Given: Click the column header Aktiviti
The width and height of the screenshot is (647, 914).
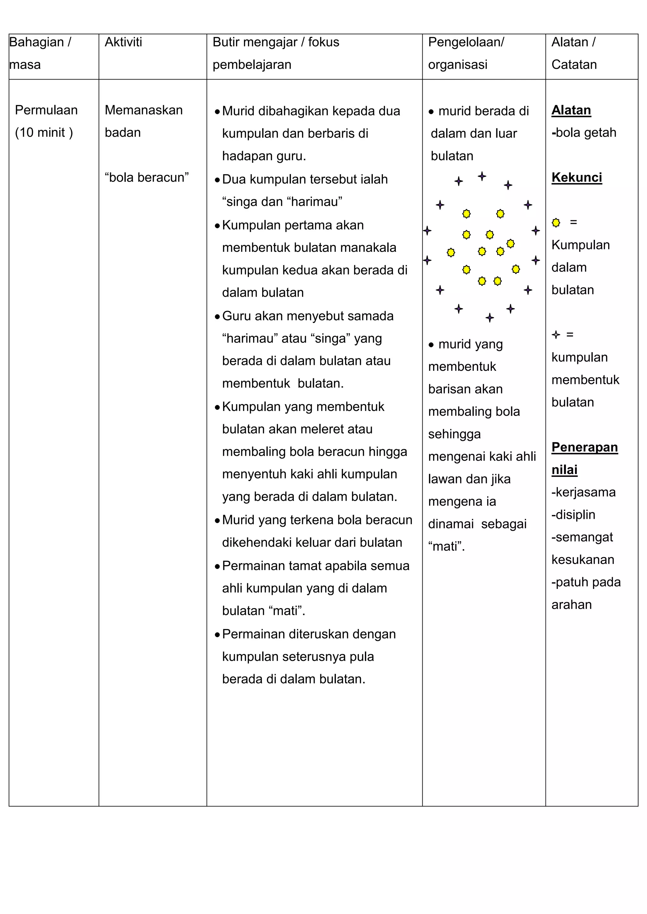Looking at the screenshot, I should (123, 42).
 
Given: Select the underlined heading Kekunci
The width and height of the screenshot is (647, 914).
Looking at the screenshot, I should (577, 178).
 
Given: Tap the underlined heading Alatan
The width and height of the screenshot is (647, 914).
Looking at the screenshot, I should (571, 110).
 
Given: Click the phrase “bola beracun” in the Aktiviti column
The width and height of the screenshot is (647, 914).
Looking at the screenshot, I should (147, 178).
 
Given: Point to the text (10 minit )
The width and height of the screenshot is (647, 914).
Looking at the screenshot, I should (44, 133).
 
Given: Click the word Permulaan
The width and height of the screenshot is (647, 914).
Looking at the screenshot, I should (46, 110).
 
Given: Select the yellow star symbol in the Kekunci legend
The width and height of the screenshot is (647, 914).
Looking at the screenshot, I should (556, 223).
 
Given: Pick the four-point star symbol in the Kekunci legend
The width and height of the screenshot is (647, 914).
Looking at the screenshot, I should (556, 335).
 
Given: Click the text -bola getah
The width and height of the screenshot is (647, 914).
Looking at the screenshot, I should (584, 133).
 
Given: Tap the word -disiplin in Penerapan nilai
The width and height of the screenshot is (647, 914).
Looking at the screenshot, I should (573, 515).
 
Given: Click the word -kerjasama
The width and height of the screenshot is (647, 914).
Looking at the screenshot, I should (583, 492).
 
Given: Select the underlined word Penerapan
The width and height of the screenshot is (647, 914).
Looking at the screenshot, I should (584, 448).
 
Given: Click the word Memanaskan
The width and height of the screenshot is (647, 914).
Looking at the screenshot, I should (143, 110).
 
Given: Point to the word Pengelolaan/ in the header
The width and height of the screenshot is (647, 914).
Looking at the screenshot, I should (466, 42).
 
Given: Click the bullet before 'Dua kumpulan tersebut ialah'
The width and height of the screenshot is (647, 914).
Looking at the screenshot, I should (217, 180).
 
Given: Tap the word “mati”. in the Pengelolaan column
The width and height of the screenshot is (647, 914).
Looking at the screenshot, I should (446, 547).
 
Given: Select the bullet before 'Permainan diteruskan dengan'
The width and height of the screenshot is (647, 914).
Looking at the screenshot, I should (217, 635).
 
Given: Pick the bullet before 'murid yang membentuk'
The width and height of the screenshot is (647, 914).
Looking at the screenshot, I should (431, 345).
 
